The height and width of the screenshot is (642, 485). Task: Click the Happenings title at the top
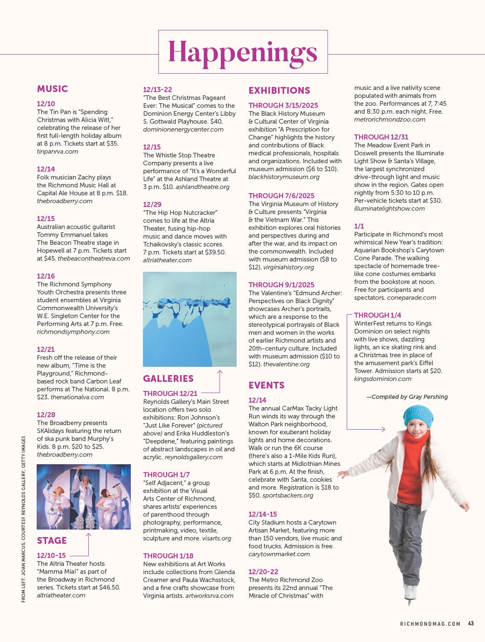(x=242, y=52)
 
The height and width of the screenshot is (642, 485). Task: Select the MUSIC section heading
(x=52, y=89)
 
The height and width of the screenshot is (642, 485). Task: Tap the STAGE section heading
(x=52, y=540)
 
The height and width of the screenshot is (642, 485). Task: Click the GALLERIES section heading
(x=168, y=378)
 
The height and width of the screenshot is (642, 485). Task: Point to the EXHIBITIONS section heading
(x=279, y=90)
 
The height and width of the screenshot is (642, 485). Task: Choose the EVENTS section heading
(x=266, y=385)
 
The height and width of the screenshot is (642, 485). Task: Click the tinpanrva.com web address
(x=57, y=152)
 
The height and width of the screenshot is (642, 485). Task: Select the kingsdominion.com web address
(x=382, y=379)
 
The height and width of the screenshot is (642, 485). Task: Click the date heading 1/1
(x=359, y=226)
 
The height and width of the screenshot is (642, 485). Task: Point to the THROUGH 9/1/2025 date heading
(x=281, y=285)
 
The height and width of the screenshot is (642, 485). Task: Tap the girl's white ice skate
(x=410, y=593)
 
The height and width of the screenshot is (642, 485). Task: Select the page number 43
(x=471, y=624)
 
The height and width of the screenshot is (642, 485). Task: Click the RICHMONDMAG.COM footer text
(x=430, y=624)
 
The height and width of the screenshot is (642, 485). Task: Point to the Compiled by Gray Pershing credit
(x=407, y=397)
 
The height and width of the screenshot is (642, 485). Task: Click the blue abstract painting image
(x=190, y=319)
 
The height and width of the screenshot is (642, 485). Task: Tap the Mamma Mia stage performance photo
(x=84, y=497)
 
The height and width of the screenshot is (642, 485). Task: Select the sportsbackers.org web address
(x=287, y=495)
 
